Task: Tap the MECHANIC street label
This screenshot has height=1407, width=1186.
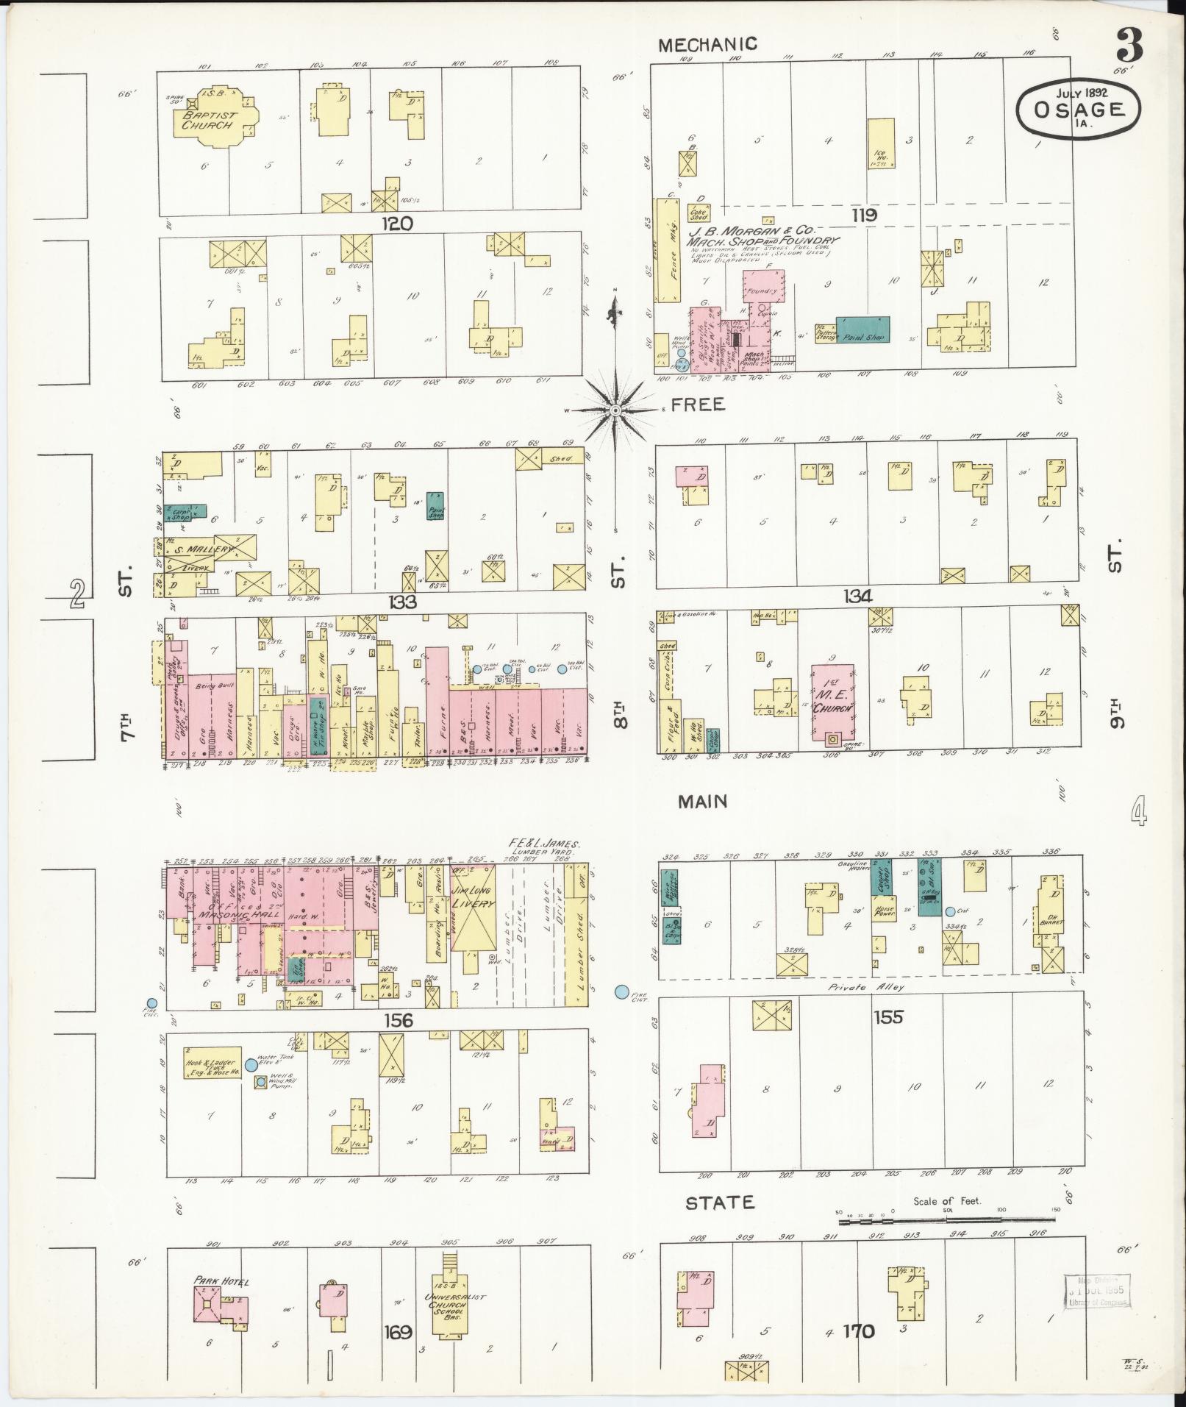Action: (x=707, y=45)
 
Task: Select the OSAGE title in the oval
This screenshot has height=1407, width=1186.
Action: (x=1079, y=110)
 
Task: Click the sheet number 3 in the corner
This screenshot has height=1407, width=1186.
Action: (x=1129, y=46)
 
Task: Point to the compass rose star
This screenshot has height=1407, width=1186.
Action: (x=615, y=410)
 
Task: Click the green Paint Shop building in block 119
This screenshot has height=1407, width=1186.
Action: (x=862, y=330)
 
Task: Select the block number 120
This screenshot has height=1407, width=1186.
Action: (x=397, y=224)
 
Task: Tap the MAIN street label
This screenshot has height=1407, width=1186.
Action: (x=702, y=802)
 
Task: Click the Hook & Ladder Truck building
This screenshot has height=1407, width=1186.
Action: (x=212, y=1064)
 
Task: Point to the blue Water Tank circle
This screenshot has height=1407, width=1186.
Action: (x=251, y=1064)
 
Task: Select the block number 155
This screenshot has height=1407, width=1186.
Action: (x=887, y=1018)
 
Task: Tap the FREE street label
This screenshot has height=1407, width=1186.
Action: (x=697, y=404)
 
